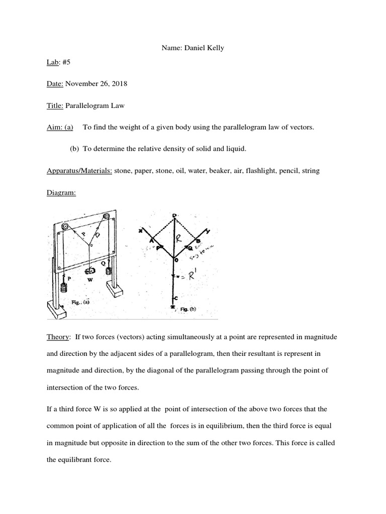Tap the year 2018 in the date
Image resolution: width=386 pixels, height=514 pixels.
point(118,83)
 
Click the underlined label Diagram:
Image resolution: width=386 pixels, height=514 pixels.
point(61,193)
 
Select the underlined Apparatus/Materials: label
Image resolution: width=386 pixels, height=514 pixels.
point(79,171)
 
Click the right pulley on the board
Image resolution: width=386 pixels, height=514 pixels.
point(106,216)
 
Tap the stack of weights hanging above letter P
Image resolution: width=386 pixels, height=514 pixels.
point(63,288)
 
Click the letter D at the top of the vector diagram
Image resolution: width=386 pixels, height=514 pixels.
point(174,216)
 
